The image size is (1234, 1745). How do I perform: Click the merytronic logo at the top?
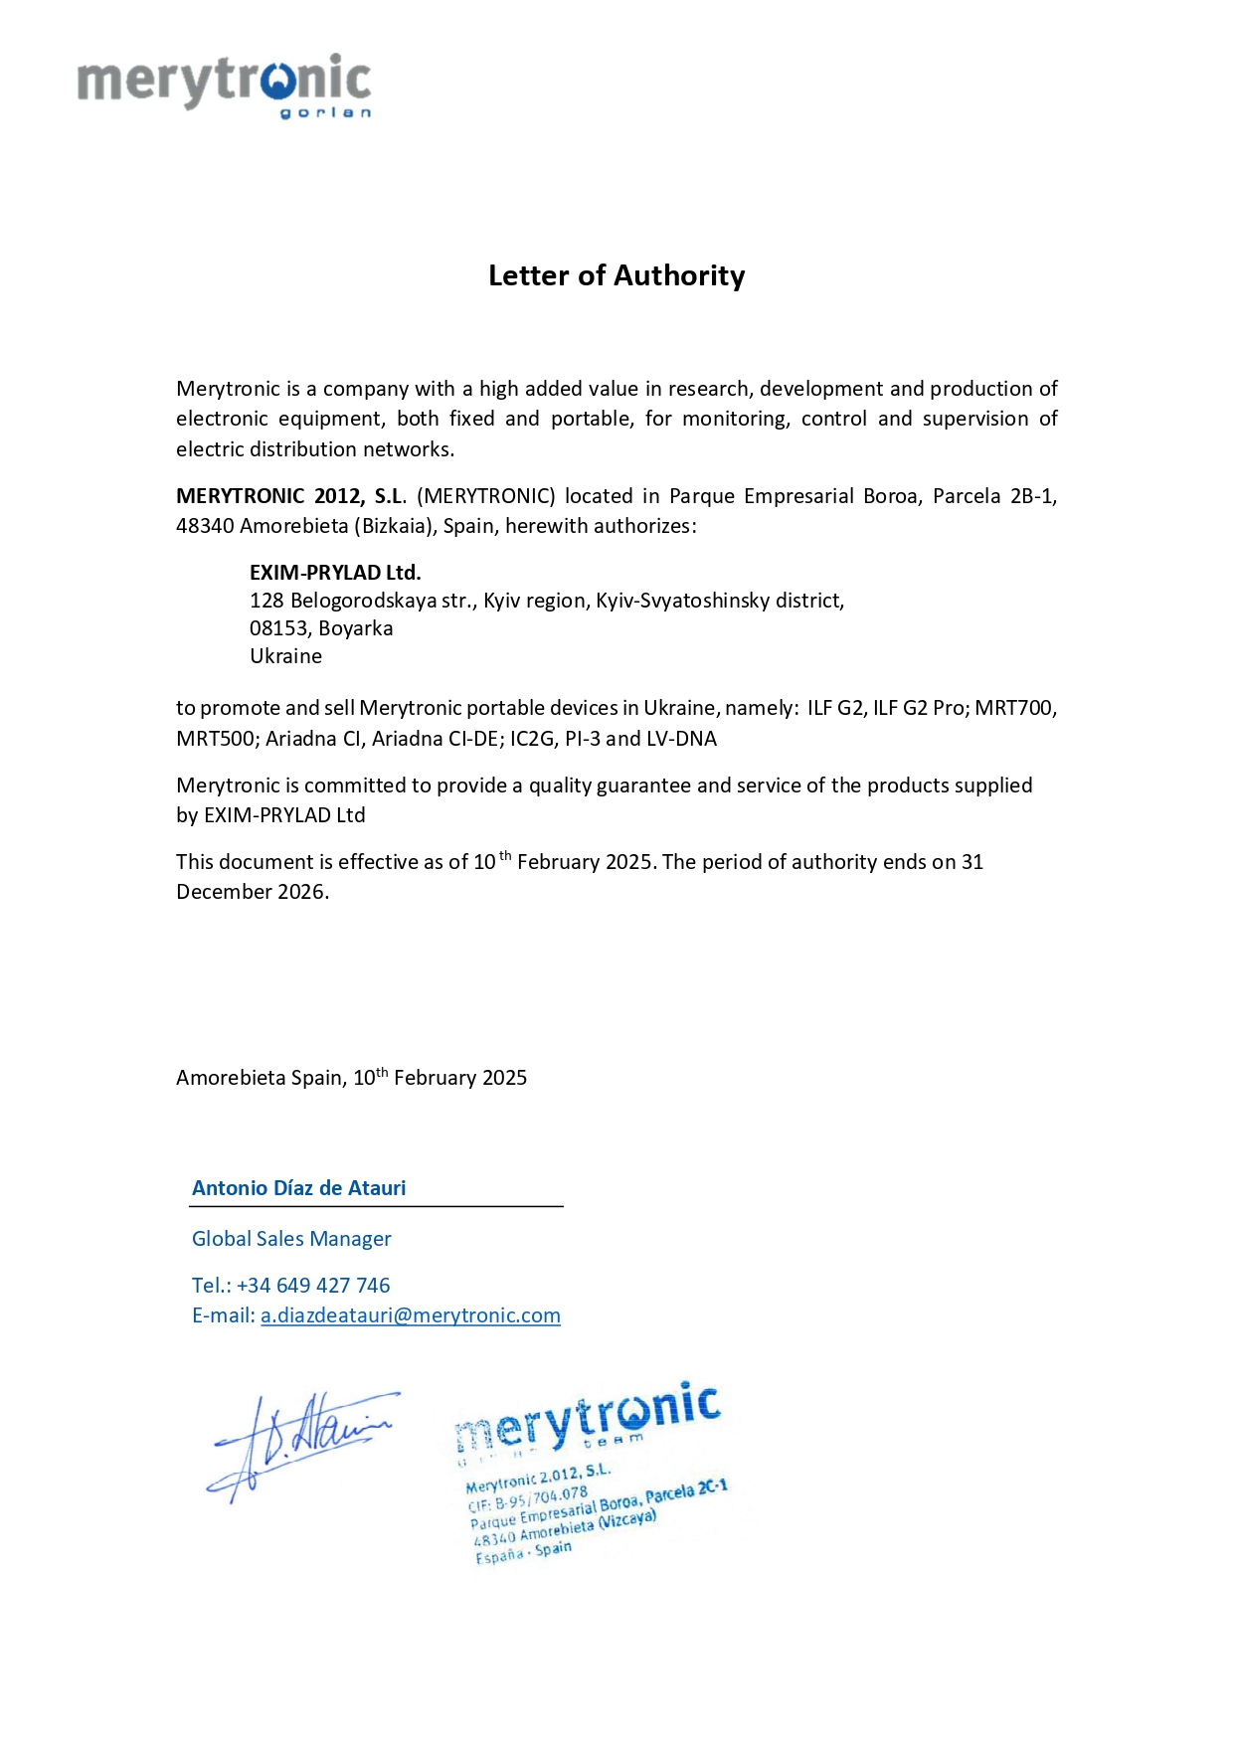point(225,85)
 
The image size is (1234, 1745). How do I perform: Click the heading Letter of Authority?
point(617,275)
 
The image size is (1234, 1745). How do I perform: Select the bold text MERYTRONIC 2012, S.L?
point(290,496)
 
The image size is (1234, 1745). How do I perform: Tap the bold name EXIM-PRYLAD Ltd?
point(335,573)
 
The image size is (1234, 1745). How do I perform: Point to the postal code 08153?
point(278,628)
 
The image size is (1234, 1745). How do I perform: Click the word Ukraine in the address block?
point(285,656)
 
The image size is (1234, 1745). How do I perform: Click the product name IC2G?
point(532,739)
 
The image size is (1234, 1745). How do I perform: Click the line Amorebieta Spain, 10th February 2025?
point(351,1078)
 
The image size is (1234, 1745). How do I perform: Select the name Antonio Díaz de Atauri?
point(298,1188)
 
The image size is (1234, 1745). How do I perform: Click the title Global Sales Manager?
point(291,1239)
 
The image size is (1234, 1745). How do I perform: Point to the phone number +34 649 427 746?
point(313,1286)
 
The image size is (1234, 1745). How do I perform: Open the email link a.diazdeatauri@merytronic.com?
point(410,1315)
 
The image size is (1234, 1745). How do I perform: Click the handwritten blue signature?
point(298,1442)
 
